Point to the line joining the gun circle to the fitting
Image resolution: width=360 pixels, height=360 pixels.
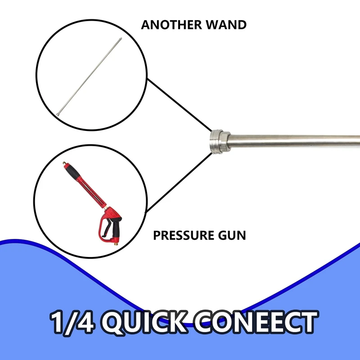coord(178,180)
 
